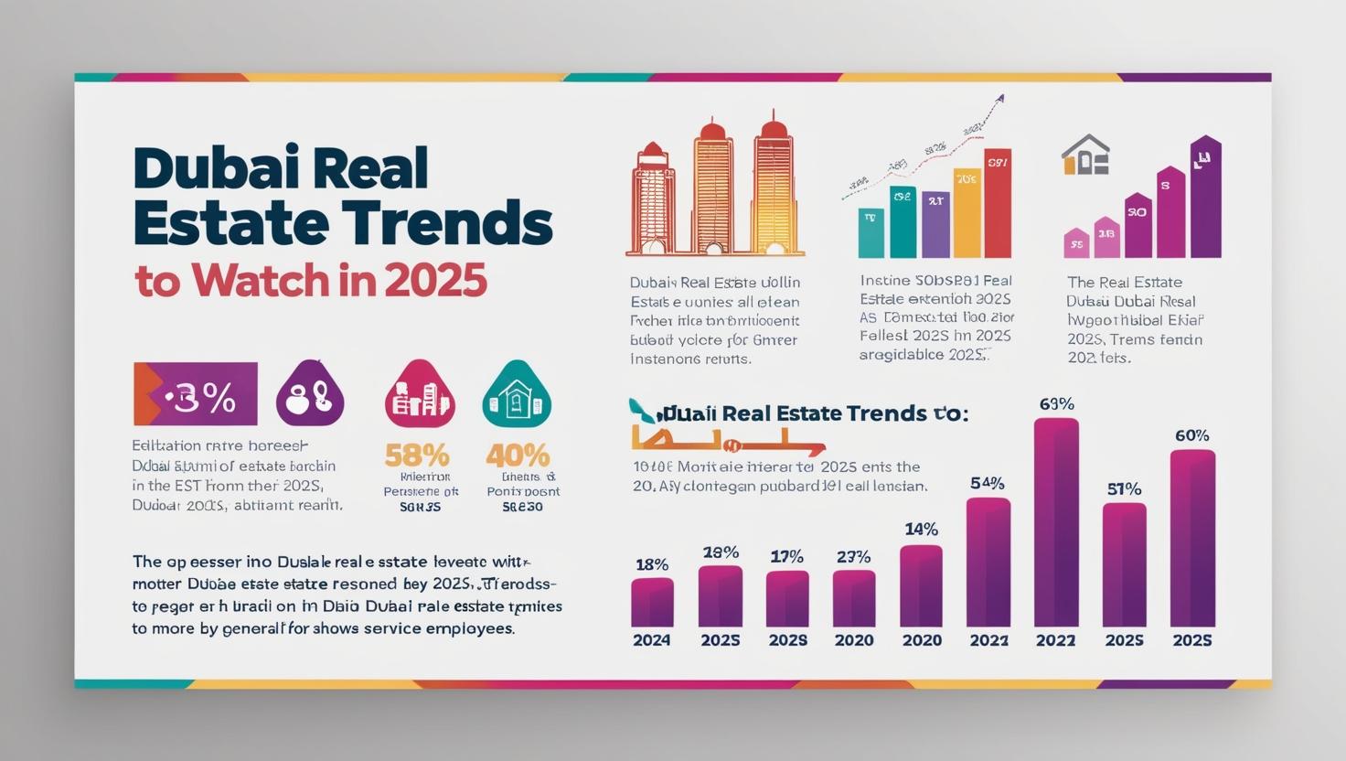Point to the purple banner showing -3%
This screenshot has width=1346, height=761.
click(x=196, y=394)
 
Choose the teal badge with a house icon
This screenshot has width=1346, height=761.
click(x=517, y=395)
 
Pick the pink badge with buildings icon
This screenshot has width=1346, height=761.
click(x=420, y=395)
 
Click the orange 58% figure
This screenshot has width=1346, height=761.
click(x=417, y=455)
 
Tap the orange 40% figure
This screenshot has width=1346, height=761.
click(x=518, y=455)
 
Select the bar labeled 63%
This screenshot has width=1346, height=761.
click(x=1056, y=521)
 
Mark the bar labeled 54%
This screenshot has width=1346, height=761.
click(x=988, y=562)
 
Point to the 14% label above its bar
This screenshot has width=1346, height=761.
click(x=921, y=529)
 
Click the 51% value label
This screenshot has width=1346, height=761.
click(x=1124, y=489)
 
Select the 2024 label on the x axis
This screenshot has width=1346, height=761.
click(x=652, y=640)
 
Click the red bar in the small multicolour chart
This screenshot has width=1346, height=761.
click(x=998, y=203)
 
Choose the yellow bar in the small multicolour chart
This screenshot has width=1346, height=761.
click(x=967, y=213)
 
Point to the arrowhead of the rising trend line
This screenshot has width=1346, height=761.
click(x=1000, y=97)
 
